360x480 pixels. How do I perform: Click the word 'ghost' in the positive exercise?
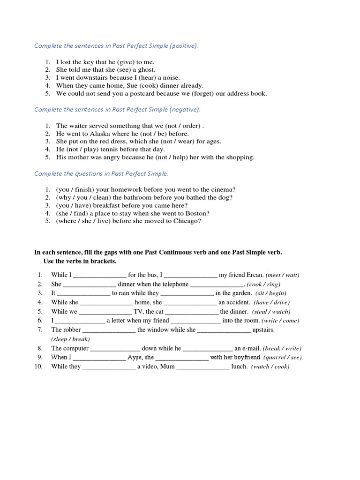click(145, 69)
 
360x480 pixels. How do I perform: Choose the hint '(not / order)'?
click(185, 126)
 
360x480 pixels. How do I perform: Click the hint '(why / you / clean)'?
click(81, 197)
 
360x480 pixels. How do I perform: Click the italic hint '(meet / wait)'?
click(283, 275)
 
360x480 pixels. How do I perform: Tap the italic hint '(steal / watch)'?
click(271, 312)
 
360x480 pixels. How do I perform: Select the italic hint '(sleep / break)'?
click(70, 339)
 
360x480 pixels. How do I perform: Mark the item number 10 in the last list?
click(39, 367)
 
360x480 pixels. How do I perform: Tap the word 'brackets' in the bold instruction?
click(103, 261)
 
